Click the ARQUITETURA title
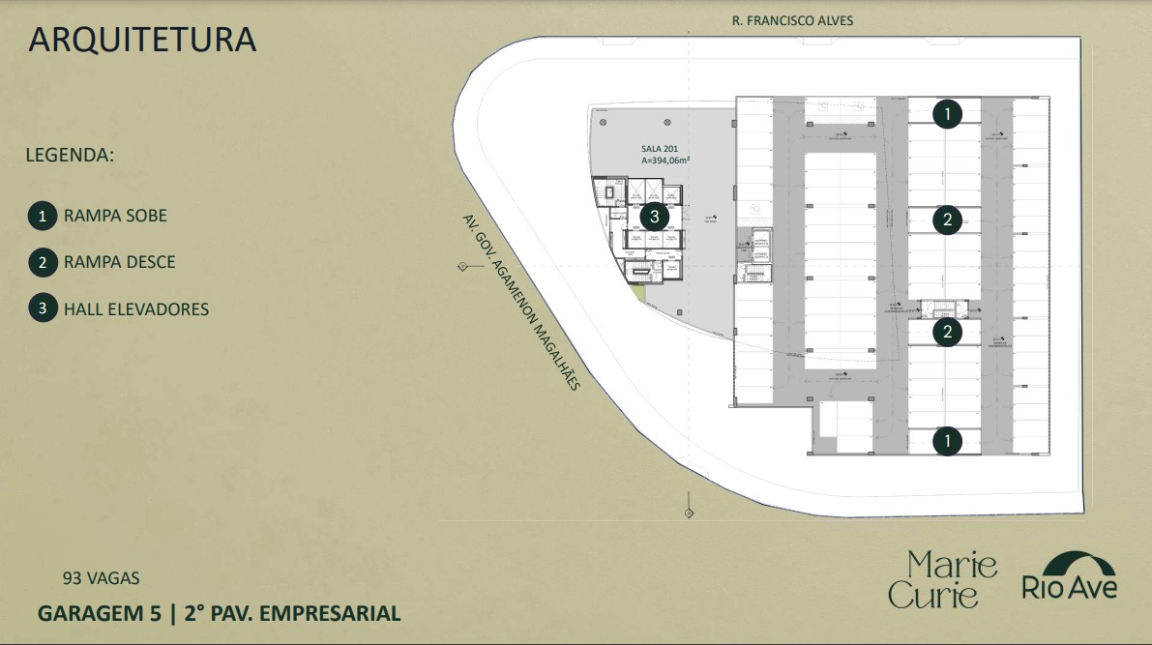point(142,40)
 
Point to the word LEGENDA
point(70,155)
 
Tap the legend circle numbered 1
point(42,216)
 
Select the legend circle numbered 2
point(42,262)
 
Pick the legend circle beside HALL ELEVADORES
point(42,309)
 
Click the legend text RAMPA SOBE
point(115,216)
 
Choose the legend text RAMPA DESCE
point(119,262)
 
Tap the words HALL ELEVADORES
point(135,309)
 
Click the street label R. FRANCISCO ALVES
point(792,20)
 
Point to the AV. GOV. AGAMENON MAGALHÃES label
point(520,301)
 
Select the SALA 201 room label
point(659,149)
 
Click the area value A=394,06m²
point(665,161)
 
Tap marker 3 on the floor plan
point(654,217)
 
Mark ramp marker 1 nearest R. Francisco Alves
point(948,114)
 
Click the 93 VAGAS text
point(101,578)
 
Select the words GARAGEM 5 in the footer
point(96,613)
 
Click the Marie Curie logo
point(942,579)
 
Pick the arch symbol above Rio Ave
point(1070,564)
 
